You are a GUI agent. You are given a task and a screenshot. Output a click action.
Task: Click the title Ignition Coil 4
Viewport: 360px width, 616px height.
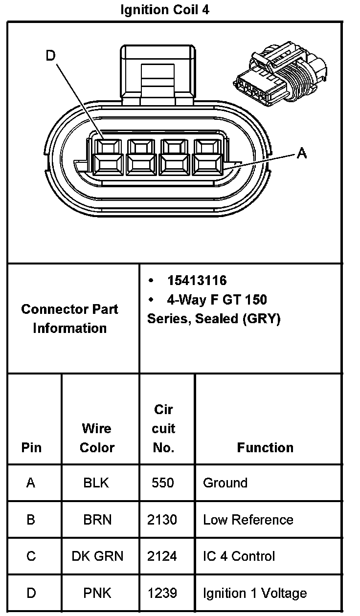click(165, 10)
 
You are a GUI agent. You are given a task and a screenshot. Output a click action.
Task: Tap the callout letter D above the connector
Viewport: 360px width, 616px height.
click(51, 56)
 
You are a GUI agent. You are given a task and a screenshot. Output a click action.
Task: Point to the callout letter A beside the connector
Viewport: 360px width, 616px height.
click(302, 154)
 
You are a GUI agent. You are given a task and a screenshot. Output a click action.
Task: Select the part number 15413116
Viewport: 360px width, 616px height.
click(197, 281)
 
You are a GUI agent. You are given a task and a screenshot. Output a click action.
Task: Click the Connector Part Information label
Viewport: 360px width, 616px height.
click(69, 318)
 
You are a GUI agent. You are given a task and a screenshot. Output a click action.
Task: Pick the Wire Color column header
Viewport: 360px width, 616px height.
click(97, 438)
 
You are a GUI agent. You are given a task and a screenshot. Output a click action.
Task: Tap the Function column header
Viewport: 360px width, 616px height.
click(265, 447)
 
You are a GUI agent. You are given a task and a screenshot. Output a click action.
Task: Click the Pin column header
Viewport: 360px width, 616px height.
click(31, 447)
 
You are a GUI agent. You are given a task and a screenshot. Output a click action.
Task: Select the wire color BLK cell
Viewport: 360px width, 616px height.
click(96, 483)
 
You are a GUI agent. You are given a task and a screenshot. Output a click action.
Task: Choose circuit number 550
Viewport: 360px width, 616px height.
click(162, 483)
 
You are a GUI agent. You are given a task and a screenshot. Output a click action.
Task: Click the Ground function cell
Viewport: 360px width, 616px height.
click(225, 483)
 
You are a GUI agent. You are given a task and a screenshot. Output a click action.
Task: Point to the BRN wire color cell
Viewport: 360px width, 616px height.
click(97, 520)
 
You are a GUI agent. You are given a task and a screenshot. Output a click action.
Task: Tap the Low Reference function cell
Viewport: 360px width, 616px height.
click(248, 520)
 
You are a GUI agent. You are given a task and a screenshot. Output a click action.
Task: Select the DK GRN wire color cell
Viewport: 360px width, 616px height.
click(97, 556)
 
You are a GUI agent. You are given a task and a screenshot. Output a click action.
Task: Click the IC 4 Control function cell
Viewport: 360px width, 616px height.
click(239, 556)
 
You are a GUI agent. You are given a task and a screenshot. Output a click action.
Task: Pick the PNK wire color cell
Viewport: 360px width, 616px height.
click(97, 594)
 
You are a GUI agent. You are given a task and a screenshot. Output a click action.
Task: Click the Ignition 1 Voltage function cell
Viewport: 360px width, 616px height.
click(255, 594)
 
